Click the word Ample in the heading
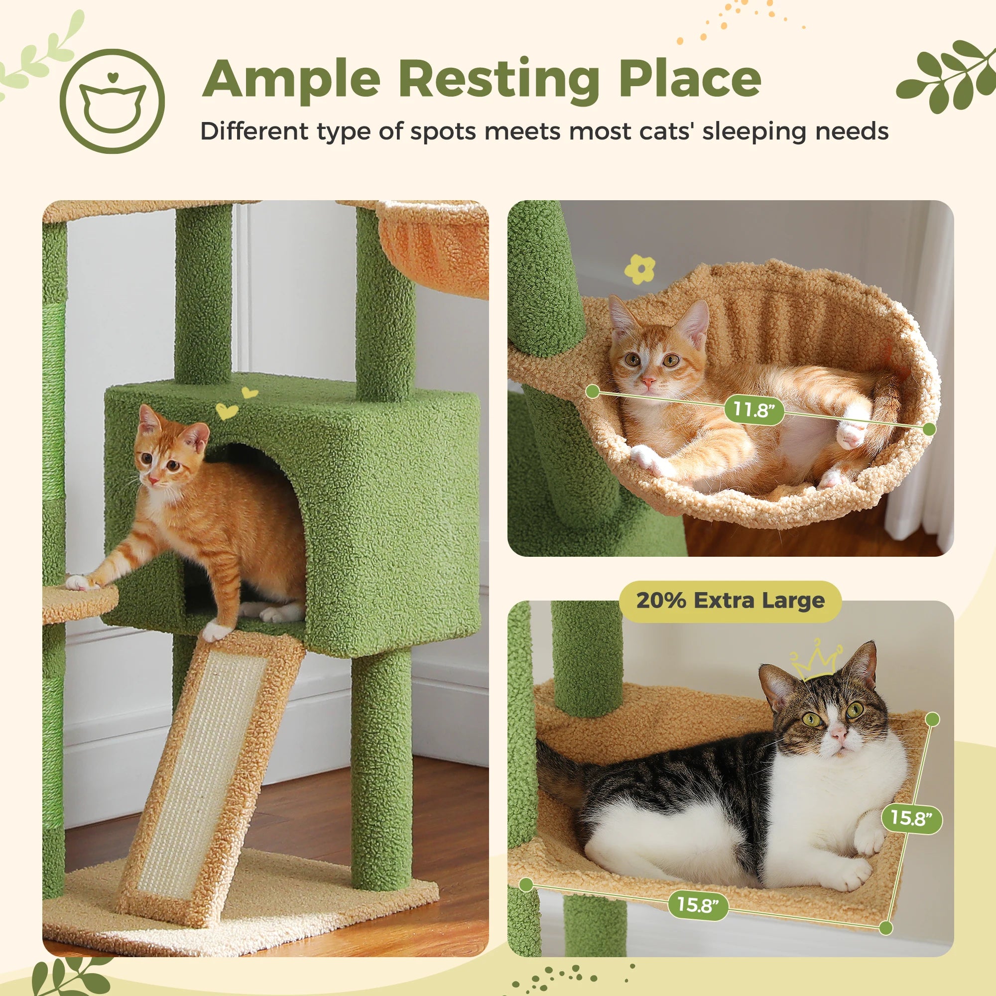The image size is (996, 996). coord(292,78)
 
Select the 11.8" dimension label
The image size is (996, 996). coord(753,410)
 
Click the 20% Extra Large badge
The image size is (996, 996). coord(730,601)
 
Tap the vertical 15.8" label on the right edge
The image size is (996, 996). coord(911,818)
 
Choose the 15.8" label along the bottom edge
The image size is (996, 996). coord(698,905)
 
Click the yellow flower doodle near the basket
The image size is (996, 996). coord(639,269)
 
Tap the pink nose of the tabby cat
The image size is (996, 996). coord(838,732)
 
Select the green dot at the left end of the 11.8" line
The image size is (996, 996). coord(593,392)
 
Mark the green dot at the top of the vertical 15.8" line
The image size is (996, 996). coord(932,719)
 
